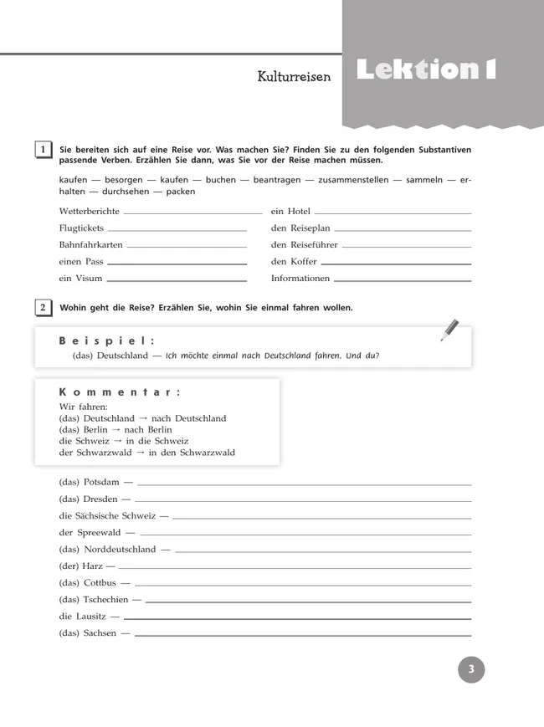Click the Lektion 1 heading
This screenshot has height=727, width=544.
[426, 70]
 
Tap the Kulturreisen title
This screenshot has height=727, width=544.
[295, 77]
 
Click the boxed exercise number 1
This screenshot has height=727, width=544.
[42, 150]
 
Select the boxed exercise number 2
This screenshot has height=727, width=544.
[42, 307]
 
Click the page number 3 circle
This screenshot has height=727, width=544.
[471, 668]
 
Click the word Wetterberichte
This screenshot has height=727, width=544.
[90, 212]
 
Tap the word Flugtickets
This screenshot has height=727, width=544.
[83, 228]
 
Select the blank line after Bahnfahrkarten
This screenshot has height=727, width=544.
[187, 247]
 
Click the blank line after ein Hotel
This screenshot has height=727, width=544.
[393, 213]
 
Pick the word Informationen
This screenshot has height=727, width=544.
[300, 279]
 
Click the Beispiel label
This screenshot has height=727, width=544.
[108, 340]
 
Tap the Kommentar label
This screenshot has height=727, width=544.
[121, 392]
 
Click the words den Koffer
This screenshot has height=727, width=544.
[294, 262]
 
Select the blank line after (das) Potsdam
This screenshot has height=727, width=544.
[304, 484]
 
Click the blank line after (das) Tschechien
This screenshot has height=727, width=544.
[308, 601]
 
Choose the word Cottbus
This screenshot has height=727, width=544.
[101, 583]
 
